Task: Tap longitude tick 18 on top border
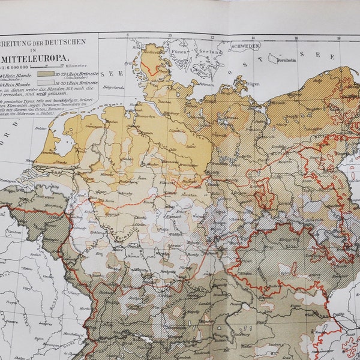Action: (x=339, y=37)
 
